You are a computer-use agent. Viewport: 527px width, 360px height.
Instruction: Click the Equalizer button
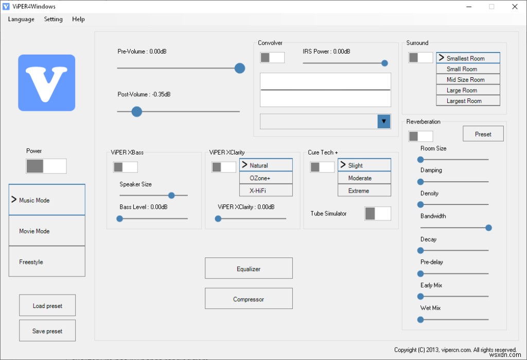pos(249,268)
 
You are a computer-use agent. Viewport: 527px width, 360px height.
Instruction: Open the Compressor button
pos(249,298)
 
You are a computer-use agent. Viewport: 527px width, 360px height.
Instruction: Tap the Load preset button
pos(47,305)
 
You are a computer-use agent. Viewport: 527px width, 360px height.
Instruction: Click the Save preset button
pos(47,331)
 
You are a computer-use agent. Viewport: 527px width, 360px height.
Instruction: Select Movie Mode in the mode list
pos(47,231)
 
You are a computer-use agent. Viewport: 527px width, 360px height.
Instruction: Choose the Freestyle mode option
pos(47,262)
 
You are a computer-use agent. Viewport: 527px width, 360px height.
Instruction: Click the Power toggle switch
pos(46,166)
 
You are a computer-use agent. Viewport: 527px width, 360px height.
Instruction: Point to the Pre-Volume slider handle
pos(240,68)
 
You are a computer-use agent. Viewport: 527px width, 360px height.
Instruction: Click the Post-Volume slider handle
pos(137,111)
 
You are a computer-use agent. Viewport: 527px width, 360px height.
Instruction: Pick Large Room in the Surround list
pos(468,90)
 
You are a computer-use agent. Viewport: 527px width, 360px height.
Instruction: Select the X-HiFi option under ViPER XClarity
pos(266,191)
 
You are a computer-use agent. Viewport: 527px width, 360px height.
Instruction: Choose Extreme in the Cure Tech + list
pos(364,191)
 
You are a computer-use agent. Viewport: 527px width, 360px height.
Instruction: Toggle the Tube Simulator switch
pos(378,214)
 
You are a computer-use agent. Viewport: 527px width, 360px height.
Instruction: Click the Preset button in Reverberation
pos(483,134)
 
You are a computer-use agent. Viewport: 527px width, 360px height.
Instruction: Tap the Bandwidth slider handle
pos(489,228)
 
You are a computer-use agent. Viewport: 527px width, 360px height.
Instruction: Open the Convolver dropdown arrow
pos(384,122)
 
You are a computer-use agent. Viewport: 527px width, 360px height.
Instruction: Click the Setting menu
pos(53,19)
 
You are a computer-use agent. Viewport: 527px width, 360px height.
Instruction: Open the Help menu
pos(78,19)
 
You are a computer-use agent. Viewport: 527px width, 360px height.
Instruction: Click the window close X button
pos(515,7)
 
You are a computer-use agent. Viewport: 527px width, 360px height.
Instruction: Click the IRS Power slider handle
pos(384,63)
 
